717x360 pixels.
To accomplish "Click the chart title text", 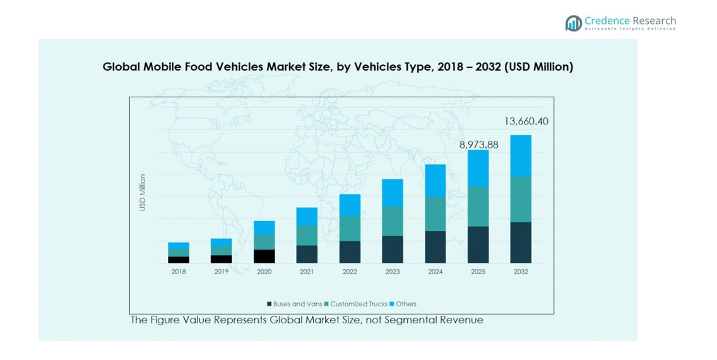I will click(338, 67).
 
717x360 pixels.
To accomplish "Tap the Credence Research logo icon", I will click(573, 23).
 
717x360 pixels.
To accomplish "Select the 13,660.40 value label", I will click(526, 121).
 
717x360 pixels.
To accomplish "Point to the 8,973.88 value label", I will click(478, 145).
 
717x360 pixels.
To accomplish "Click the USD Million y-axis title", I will click(143, 193).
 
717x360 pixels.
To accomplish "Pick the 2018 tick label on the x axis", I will click(179, 272).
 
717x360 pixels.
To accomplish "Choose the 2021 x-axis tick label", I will click(307, 272).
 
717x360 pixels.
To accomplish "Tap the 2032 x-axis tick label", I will click(521, 272).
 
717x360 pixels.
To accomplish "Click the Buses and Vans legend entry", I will click(295, 304).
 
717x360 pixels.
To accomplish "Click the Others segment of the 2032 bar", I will click(521, 155).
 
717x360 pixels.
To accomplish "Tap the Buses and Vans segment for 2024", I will click(436, 247).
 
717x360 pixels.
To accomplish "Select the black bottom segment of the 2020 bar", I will click(264, 256).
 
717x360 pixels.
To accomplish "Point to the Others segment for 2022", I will click(350, 205).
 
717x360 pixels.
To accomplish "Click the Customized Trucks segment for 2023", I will click(393, 221).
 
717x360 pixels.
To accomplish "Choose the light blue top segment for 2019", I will click(222, 242).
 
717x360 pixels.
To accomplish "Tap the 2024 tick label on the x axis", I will click(436, 272).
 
